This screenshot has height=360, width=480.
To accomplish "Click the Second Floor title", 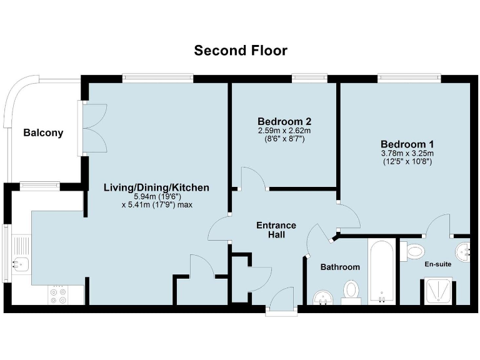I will pyautogui.click(x=240, y=51).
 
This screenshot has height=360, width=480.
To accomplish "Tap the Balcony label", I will pyautogui.click(x=43, y=132).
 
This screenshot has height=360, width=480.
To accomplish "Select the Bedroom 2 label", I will pyautogui.click(x=284, y=121).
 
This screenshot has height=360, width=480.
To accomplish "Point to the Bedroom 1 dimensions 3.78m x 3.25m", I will pyautogui.click(x=407, y=152).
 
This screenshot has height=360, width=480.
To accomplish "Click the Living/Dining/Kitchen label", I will pyautogui.click(x=156, y=187).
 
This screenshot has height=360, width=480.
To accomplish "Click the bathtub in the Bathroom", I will pyautogui.click(x=381, y=271).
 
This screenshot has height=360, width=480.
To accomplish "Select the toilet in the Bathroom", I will pyautogui.click(x=352, y=291).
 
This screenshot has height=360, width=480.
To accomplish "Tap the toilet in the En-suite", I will pyautogui.click(x=413, y=251).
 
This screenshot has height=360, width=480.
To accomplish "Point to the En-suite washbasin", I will pyautogui.click(x=464, y=251).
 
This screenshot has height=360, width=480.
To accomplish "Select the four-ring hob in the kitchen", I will pyautogui.click(x=59, y=296).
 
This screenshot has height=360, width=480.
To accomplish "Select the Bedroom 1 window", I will pyautogui.click(x=409, y=78).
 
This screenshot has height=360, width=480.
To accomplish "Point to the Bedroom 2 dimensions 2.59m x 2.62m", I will pyautogui.click(x=284, y=135).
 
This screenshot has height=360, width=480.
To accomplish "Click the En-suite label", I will pyautogui.click(x=437, y=264).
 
